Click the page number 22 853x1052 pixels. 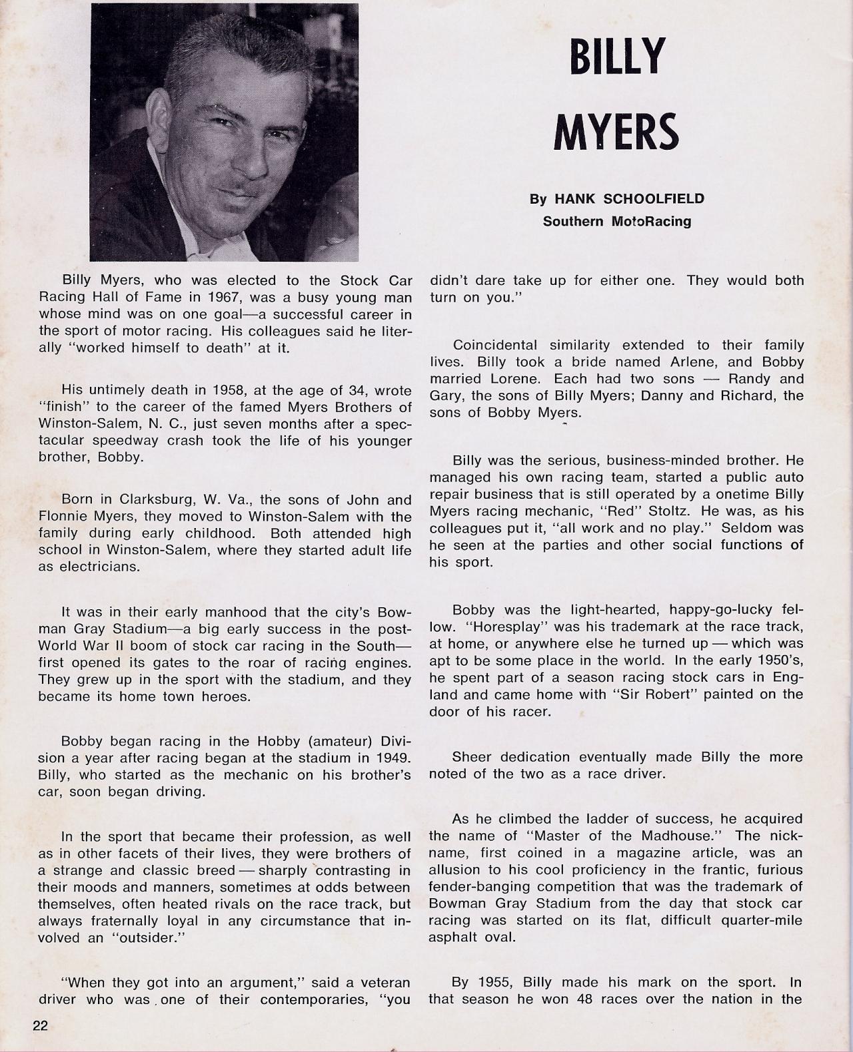pos(41,1025)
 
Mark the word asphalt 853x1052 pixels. pos(451,937)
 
